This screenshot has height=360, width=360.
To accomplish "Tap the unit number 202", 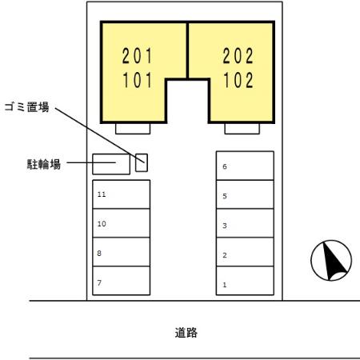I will coord(238,56).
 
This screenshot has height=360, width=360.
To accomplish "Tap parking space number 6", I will coord(245,166).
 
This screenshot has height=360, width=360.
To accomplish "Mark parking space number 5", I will coord(245,196).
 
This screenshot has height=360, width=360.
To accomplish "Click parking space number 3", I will coord(245,226).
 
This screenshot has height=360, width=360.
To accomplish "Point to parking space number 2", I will coord(245,255).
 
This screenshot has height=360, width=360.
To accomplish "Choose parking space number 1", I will coord(245,284).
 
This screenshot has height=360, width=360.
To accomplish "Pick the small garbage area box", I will coord(142,162).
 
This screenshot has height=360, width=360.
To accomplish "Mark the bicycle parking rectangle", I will coord(111,164).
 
